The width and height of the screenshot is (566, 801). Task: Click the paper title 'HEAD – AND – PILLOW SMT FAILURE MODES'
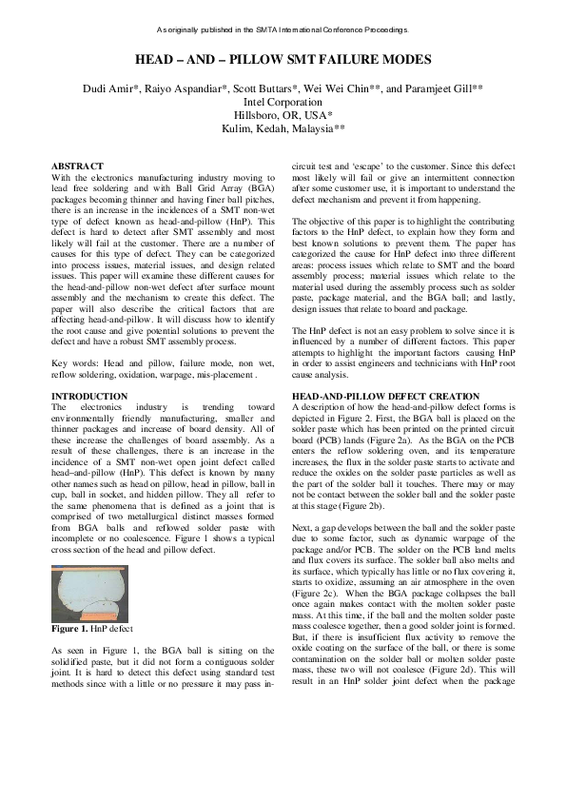[x=283, y=60]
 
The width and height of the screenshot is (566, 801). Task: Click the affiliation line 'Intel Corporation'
[x=283, y=101]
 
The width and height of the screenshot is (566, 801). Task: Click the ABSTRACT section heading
[x=77, y=166]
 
